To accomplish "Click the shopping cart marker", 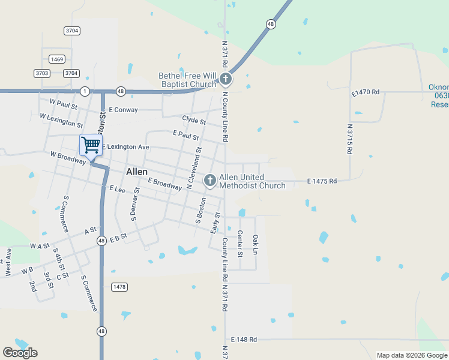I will pos(91,145).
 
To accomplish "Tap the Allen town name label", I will pos(137,172).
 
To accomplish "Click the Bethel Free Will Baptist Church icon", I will pos(226,79).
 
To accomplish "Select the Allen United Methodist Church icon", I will pos(210,179).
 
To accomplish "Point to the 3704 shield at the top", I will pos(72,30).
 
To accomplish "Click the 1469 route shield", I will pos(57,59).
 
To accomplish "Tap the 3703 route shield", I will pos(42,73).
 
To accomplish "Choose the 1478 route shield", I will pos(119,287).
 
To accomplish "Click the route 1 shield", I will pos(85,91).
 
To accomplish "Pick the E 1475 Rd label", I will pos(322,181).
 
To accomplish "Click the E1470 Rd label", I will pos(366,92).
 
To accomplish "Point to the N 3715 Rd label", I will pos(350,139).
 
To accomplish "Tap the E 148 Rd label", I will pos(243,340).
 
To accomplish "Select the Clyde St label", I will pos(194,121).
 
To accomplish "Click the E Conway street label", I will pos(123,110).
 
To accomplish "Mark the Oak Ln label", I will pos(255,243).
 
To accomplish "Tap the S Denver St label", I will pos(135,204).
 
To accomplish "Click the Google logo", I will pos(20,353).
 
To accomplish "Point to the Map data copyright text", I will pos(412,355).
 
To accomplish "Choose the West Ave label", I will pos(8,263).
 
